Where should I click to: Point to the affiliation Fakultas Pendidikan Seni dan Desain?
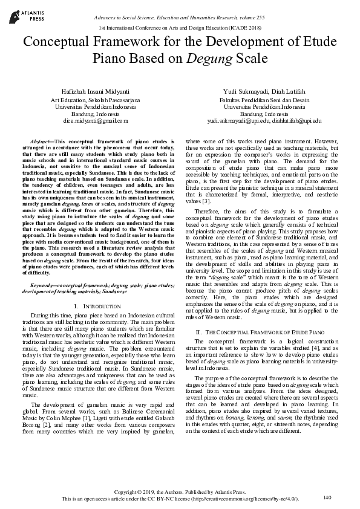[x=264, y=99]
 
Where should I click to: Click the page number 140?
[x=327, y=497]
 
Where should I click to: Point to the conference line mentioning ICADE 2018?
[x=180, y=28]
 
